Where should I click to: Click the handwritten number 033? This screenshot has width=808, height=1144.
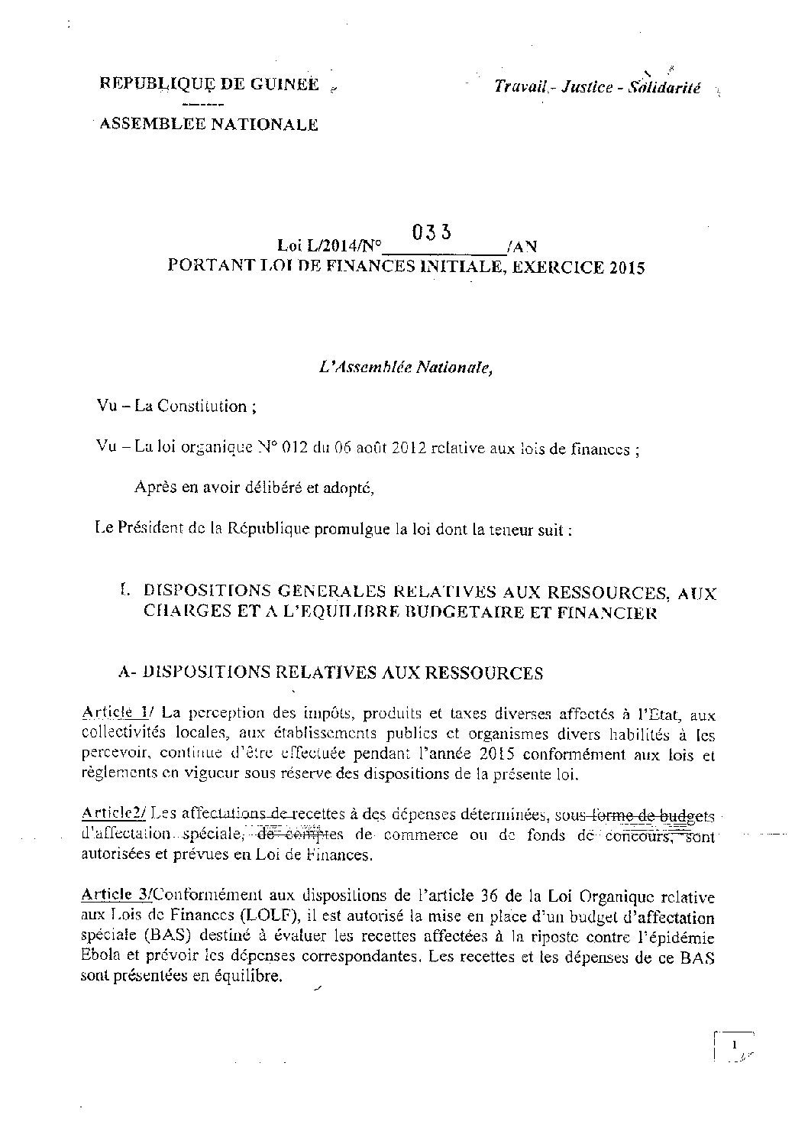[434, 232]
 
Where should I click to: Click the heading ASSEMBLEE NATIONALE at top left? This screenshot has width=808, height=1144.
[205, 125]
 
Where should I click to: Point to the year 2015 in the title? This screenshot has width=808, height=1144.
[627, 267]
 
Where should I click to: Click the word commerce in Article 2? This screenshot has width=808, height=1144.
[421, 835]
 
